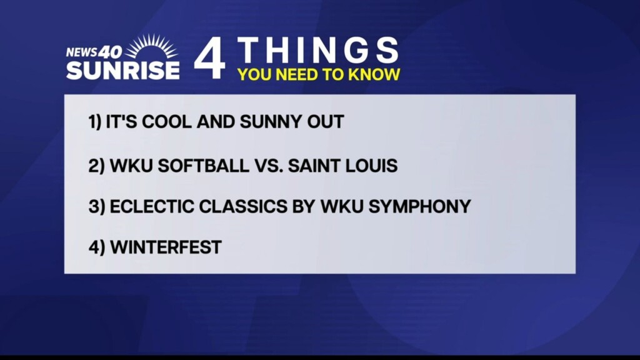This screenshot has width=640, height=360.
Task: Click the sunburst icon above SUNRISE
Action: click(x=151, y=46)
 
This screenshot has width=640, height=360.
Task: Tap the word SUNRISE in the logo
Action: click(x=123, y=71)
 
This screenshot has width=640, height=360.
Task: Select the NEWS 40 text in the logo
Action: click(x=94, y=52)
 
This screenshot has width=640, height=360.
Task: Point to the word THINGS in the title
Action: click(x=317, y=50)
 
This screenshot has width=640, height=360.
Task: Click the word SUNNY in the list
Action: click(x=267, y=122)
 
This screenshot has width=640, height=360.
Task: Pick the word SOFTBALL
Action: click(x=203, y=166)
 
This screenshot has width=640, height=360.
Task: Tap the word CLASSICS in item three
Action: click(x=243, y=206)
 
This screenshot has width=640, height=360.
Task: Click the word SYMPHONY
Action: click(x=419, y=206)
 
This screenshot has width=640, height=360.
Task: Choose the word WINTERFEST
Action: click(x=166, y=247)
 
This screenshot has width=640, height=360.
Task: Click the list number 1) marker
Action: click(x=95, y=122)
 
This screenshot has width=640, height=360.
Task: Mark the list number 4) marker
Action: click(x=97, y=247)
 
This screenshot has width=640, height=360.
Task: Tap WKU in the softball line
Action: click(x=131, y=166)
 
